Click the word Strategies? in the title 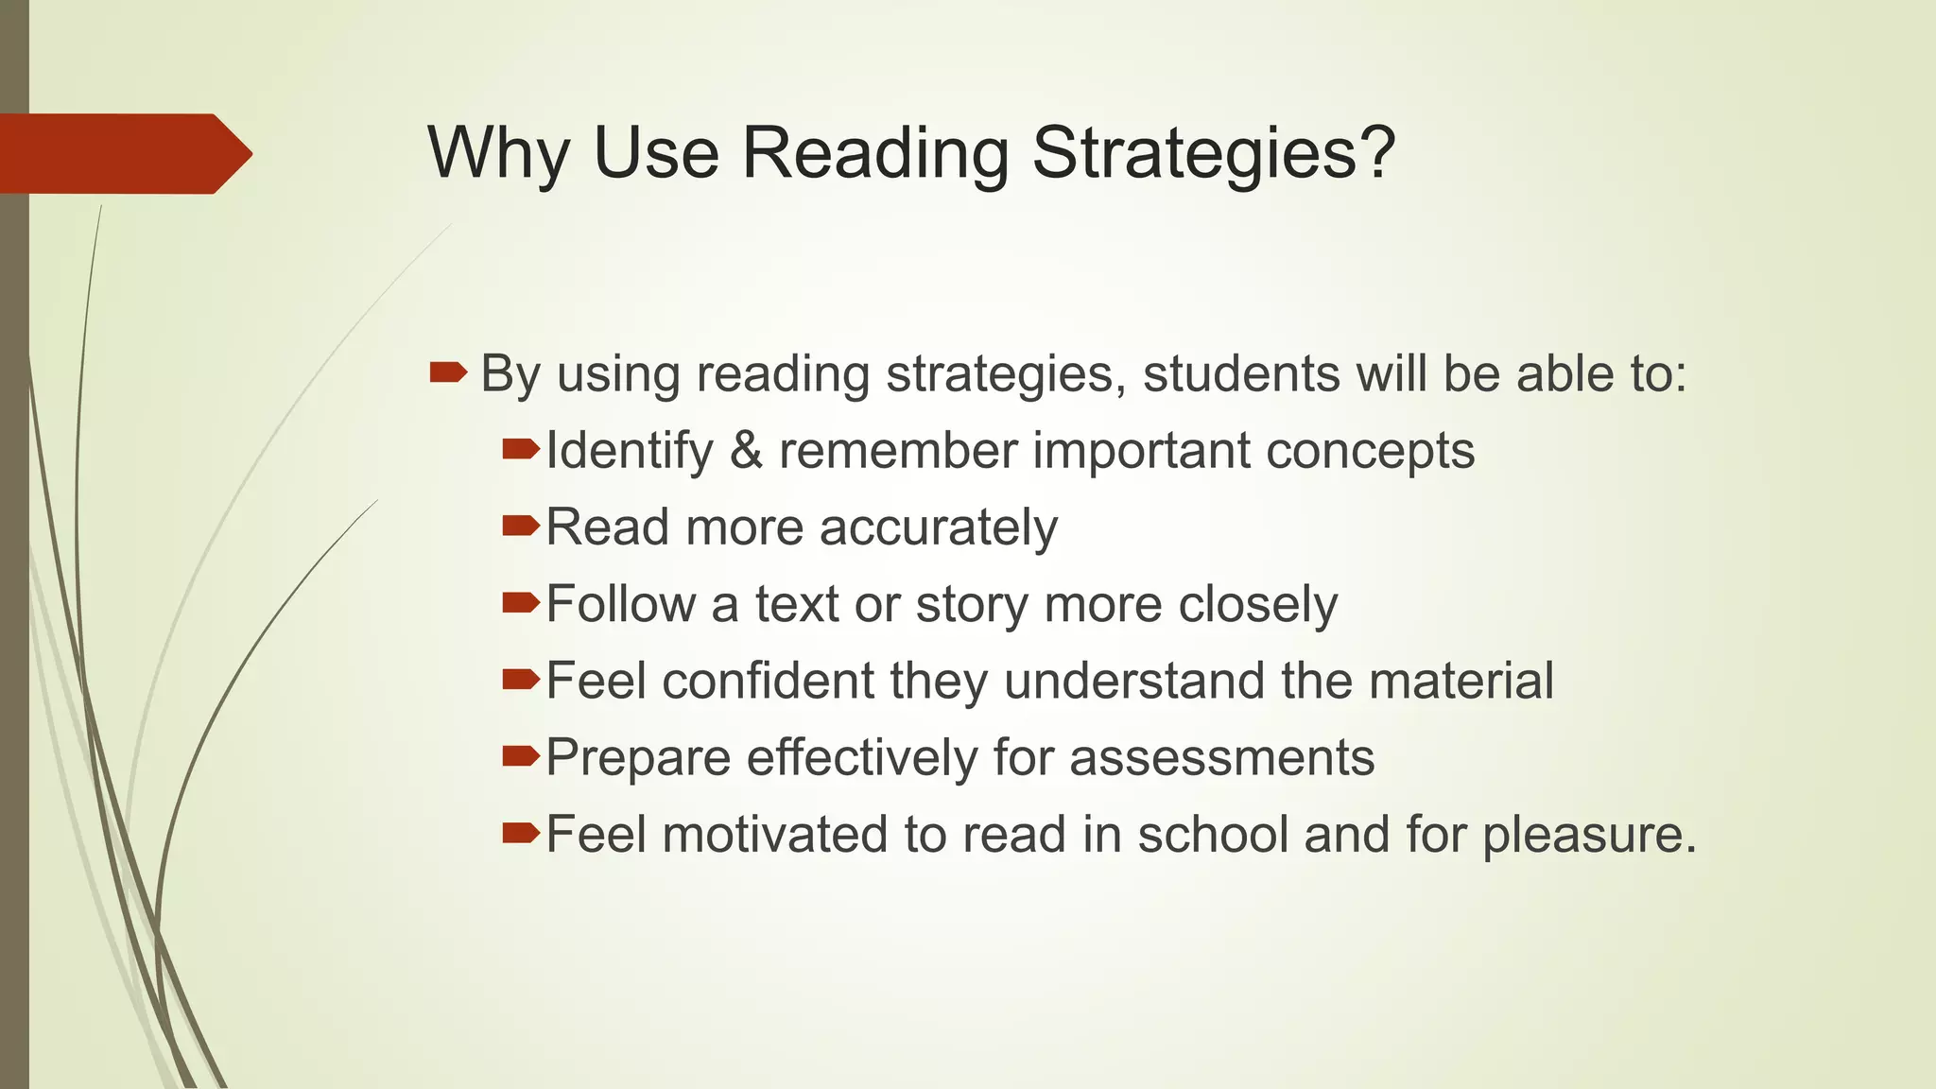pos(1213,153)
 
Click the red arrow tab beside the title pos(126,153)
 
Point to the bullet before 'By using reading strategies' pos(447,372)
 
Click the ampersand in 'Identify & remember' pos(746,450)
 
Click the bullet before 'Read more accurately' pos(521,526)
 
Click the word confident pos(768,681)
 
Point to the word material pos(1461,681)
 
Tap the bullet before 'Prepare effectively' pos(521,755)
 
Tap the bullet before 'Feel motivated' pos(521,832)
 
